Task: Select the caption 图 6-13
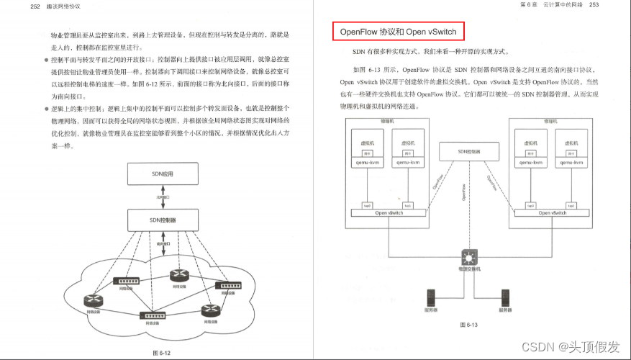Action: click(468, 325)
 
